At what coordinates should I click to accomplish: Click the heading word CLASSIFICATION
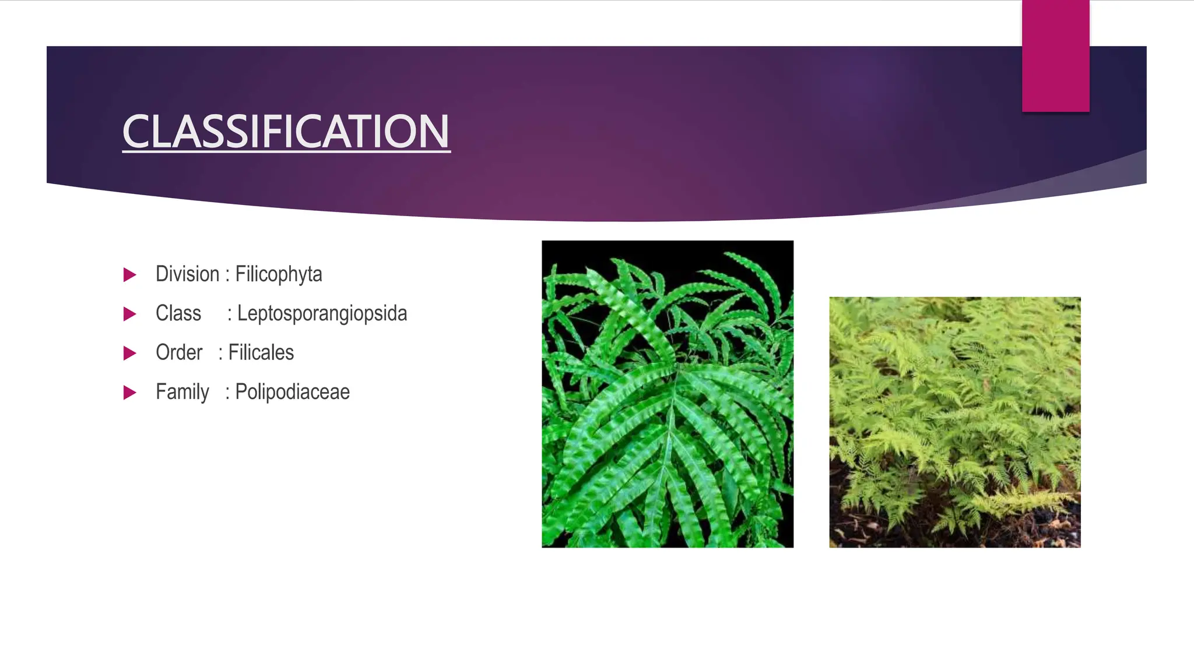point(286,132)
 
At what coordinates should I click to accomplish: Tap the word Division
point(187,274)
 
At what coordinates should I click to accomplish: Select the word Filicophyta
point(279,274)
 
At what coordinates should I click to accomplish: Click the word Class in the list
point(178,313)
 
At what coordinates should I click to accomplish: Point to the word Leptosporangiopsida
point(322,313)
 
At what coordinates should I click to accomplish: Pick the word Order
point(179,352)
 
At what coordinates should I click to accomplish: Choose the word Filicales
point(261,352)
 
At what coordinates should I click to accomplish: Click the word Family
point(182,392)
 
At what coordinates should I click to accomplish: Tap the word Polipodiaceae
point(292,392)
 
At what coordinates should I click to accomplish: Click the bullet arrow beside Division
point(129,275)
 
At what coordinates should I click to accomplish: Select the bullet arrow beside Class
point(129,315)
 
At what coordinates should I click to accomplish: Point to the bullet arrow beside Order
point(129,354)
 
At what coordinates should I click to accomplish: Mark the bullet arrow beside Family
point(129,393)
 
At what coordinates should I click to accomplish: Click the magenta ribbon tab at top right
point(1055,56)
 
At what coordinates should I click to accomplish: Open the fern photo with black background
point(668,394)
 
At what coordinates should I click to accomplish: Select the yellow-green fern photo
point(955,422)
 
